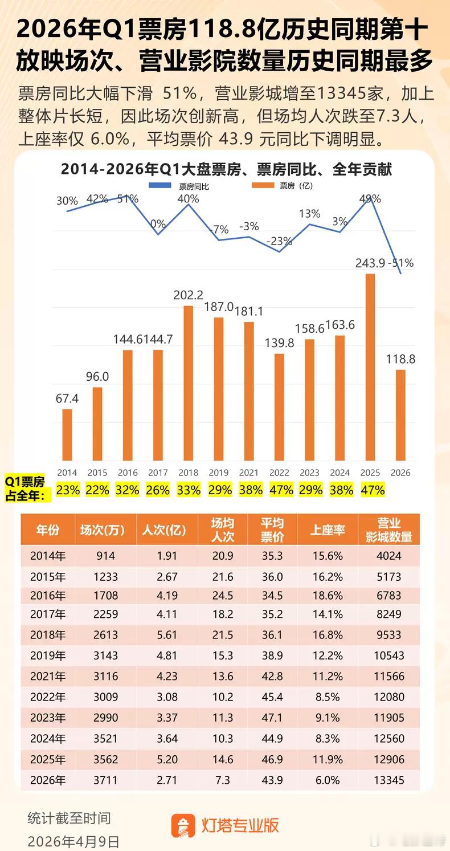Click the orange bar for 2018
tap(188, 383)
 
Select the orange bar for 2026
tap(401, 415)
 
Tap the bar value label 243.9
tap(370, 263)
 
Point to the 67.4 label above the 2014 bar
tap(67, 398)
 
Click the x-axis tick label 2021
tap(249, 473)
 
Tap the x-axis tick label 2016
tap(128, 473)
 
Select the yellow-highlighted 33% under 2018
tap(188, 490)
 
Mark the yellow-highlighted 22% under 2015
tap(97, 490)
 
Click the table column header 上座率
tap(328, 530)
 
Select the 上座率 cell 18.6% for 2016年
tap(328, 596)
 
